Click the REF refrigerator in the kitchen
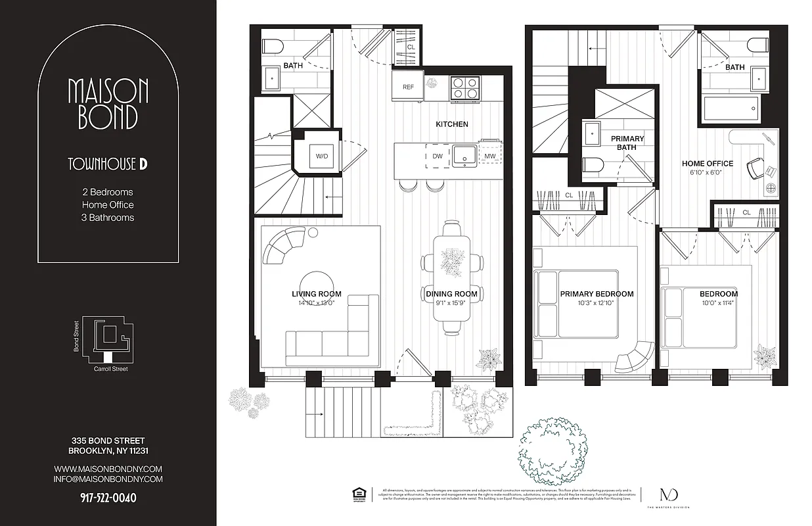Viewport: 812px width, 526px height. pos(408,87)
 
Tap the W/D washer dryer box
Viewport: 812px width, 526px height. pos(322,156)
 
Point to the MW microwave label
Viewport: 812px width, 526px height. pos(489,156)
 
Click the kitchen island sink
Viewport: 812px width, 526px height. pos(465,155)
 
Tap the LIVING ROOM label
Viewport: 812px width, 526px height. pos(317,294)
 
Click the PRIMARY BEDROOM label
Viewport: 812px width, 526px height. pos(597,294)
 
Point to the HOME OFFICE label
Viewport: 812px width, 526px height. pos(707,164)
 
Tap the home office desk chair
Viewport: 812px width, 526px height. pos(755,170)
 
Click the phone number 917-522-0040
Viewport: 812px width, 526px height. pos(108,498)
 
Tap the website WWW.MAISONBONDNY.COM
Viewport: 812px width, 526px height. pos(108,469)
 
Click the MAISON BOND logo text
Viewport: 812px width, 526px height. pos(108,103)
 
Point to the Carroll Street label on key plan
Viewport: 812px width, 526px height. pos(111,370)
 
